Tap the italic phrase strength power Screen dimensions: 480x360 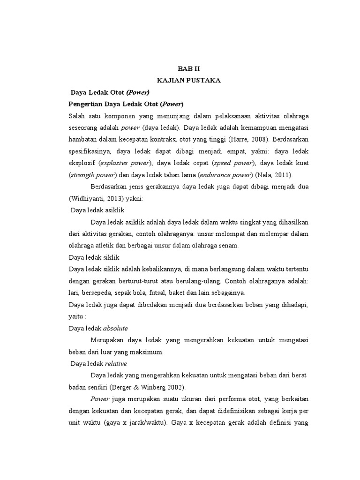tap(92, 175)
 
